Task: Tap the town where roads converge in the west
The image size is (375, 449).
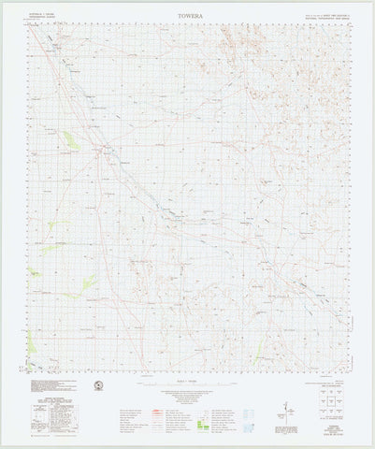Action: [x=102, y=149]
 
